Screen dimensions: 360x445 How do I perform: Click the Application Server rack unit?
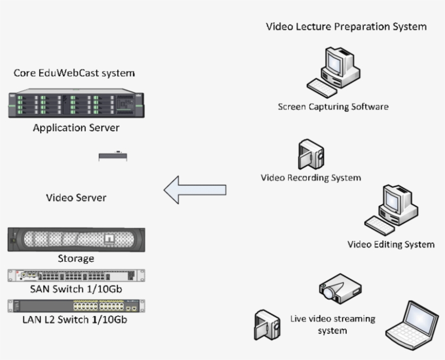click(76, 103)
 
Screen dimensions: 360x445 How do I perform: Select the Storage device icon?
click(76, 239)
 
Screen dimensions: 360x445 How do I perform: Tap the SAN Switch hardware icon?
click(76, 275)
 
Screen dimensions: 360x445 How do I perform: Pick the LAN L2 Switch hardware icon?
click(76, 306)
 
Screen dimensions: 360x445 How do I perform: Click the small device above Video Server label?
click(113, 156)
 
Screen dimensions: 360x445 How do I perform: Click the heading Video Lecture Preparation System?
click(346, 26)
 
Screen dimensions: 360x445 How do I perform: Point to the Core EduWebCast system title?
click(75, 72)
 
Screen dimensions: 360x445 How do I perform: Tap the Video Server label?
click(76, 197)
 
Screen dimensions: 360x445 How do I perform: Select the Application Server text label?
click(76, 128)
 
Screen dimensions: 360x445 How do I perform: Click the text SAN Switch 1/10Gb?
click(76, 289)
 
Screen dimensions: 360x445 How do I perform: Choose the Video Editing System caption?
click(391, 244)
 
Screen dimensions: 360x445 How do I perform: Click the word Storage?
click(76, 258)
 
